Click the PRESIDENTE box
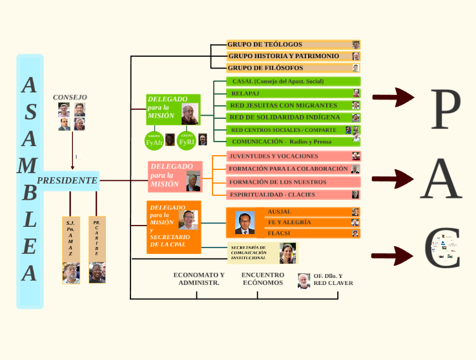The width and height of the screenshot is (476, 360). click(x=67, y=180)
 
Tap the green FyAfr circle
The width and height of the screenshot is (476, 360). click(x=154, y=140)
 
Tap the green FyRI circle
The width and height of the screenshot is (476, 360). click(x=187, y=140)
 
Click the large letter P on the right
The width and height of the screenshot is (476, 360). click(x=446, y=109)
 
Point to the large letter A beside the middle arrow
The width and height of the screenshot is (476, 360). click(x=441, y=179)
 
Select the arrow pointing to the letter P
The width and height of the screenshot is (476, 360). click(x=393, y=98)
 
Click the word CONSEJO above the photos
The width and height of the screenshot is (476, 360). click(x=70, y=97)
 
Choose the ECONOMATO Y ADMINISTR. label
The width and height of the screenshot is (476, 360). click(x=199, y=279)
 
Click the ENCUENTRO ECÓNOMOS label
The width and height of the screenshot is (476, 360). click(x=262, y=279)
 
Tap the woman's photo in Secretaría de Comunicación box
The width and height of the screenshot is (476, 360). click(x=287, y=253)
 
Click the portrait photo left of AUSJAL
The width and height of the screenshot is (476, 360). click(x=245, y=222)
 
